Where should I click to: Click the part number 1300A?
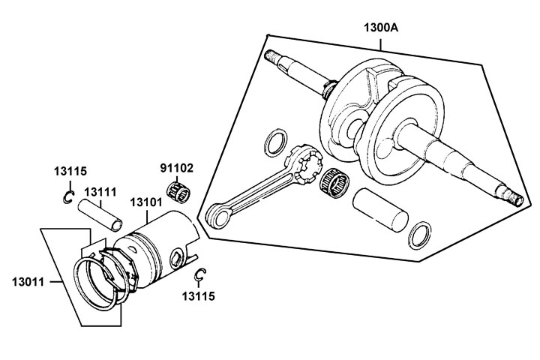click(381, 27)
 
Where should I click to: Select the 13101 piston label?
click(147, 202)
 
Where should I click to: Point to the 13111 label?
click(99, 193)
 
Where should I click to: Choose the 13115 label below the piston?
click(199, 296)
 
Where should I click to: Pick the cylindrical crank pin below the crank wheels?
click(382, 212)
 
